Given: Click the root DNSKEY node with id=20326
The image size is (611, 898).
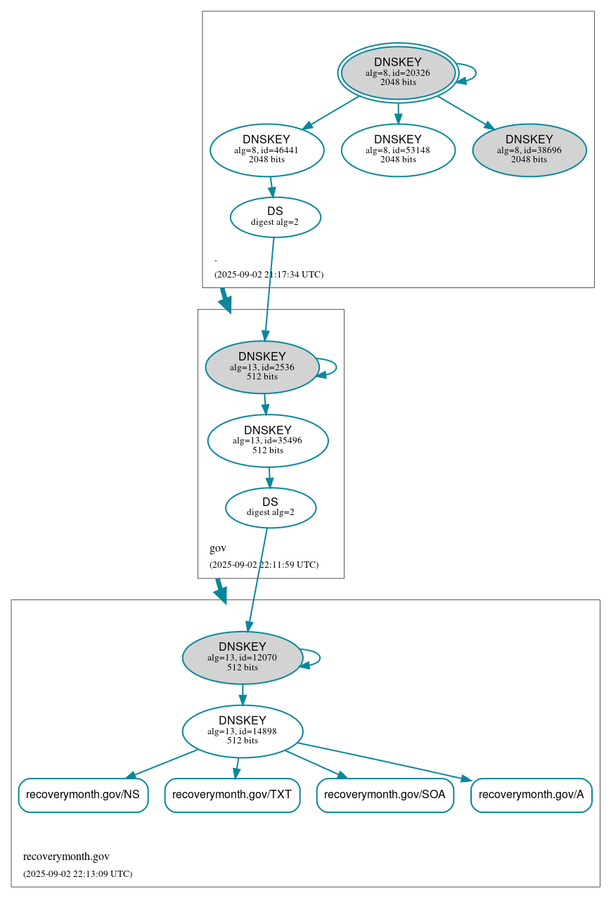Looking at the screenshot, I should click(x=398, y=72).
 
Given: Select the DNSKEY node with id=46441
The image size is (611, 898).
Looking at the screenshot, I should click(x=267, y=150).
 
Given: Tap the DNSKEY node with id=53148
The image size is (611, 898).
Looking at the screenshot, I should click(x=398, y=150).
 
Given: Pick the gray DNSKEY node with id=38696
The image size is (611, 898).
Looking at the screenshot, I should click(x=529, y=150).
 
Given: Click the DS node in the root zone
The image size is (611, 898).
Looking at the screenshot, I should click(x=275, y=217).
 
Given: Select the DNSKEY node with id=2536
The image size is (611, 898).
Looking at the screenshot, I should click(x=262, y=367).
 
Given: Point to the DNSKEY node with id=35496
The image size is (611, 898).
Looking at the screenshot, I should click(x=268, y=441).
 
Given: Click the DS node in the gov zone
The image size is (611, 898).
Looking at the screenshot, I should click(x=271, y=507).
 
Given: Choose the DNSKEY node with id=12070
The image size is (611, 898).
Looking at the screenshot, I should click(x=243, y=658).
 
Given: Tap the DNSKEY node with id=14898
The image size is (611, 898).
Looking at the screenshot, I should click(x=243, y=731).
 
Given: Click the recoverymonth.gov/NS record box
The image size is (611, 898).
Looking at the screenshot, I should click(x=83, y=795).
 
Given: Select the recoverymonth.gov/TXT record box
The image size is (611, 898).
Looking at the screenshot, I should click(x=232, y=795).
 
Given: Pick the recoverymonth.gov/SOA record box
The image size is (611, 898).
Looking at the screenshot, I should click(x=385, y=795).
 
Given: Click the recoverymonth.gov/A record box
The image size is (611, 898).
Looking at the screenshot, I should click(x=531, y=795).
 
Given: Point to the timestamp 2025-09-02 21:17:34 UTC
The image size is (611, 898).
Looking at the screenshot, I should click(x=269, y=275).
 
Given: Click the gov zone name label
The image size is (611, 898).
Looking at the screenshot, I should click(x=218, y=548).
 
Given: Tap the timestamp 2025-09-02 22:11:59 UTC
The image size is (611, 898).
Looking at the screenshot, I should click(x=264, y=565).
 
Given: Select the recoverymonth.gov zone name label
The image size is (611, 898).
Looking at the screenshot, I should click(x=66, y=857).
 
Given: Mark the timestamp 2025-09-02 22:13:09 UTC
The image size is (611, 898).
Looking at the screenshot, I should click(x=77, y=874).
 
